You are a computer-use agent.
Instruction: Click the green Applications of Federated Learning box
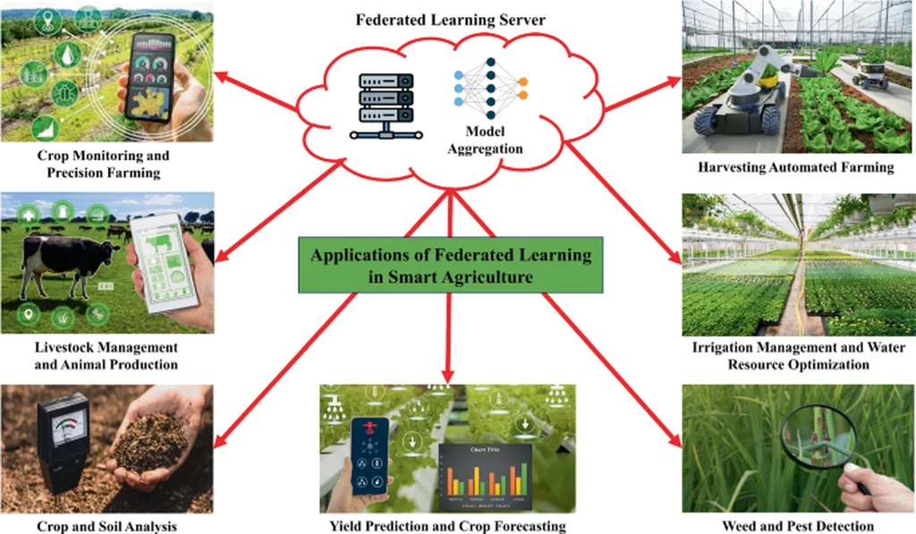[x=451, y=266]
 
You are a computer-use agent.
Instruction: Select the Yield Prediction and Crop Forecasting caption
[x=447, y=526]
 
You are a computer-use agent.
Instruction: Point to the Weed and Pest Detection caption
[x=798, y=526]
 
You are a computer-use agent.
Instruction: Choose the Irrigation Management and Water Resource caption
[x=799, y=355]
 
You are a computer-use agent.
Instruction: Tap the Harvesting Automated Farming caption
[x=796, y=167]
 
